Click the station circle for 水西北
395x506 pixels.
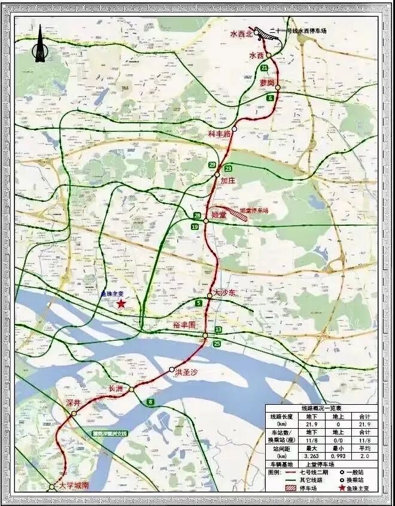pyautogui.click(x=256, y=33)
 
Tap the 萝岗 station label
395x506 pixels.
pyautogui.click(x=267, y=82)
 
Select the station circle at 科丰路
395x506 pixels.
pyautogui.click(x=235, y=129)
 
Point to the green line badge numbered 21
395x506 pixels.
pyautogui.click(x=264, y=68)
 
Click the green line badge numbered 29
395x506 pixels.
pyautogui.click(x=212, y=165)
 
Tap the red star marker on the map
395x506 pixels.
pyautogui.click(x=121, y=304)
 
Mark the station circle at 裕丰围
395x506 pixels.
pyautogui.click(x=205, y=335)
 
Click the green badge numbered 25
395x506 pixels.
pyautogui.click(x=217, y=343)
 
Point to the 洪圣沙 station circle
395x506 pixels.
pyautogui.click(x=172, y=369)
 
